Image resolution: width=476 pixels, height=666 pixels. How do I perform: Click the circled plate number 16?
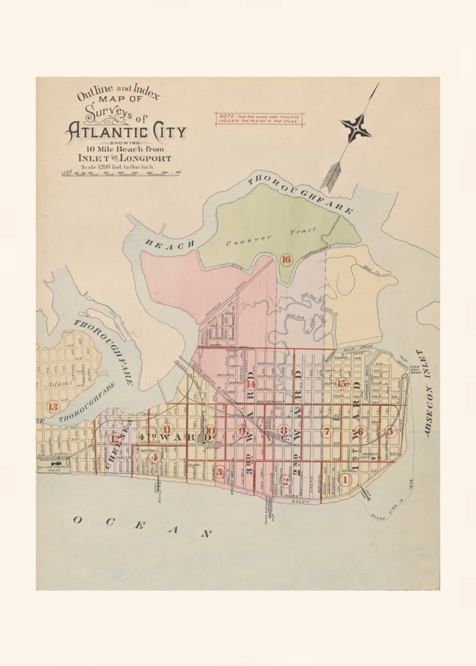(286, 260)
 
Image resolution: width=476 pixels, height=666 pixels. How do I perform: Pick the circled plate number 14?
(251, 384)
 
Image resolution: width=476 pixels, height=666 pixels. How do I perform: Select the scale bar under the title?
(121, 173)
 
